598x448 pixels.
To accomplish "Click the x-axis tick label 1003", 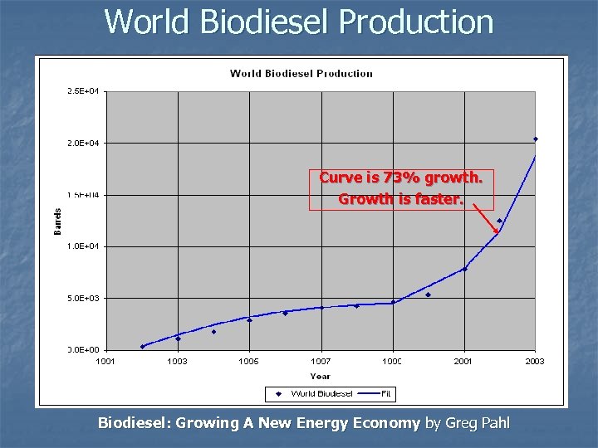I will click(x=177, y=362).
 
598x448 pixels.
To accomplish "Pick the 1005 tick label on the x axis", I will click(x=248, y=362).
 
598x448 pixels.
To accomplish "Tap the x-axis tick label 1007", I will click(x=321, y=362).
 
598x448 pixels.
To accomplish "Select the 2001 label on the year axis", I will click(x=463, y=362).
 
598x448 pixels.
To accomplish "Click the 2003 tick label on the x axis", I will click(x=534, y=362).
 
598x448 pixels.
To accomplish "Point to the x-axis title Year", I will click(x=320, y=375).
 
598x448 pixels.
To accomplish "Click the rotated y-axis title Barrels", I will click(x=58, y=221).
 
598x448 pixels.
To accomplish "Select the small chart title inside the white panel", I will click(x=301, y=73).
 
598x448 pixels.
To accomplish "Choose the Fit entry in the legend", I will click(x=385, y=393).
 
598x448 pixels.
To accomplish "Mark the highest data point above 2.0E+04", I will click(x=536, y=139).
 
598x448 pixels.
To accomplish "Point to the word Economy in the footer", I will click(x=387, y=423).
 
